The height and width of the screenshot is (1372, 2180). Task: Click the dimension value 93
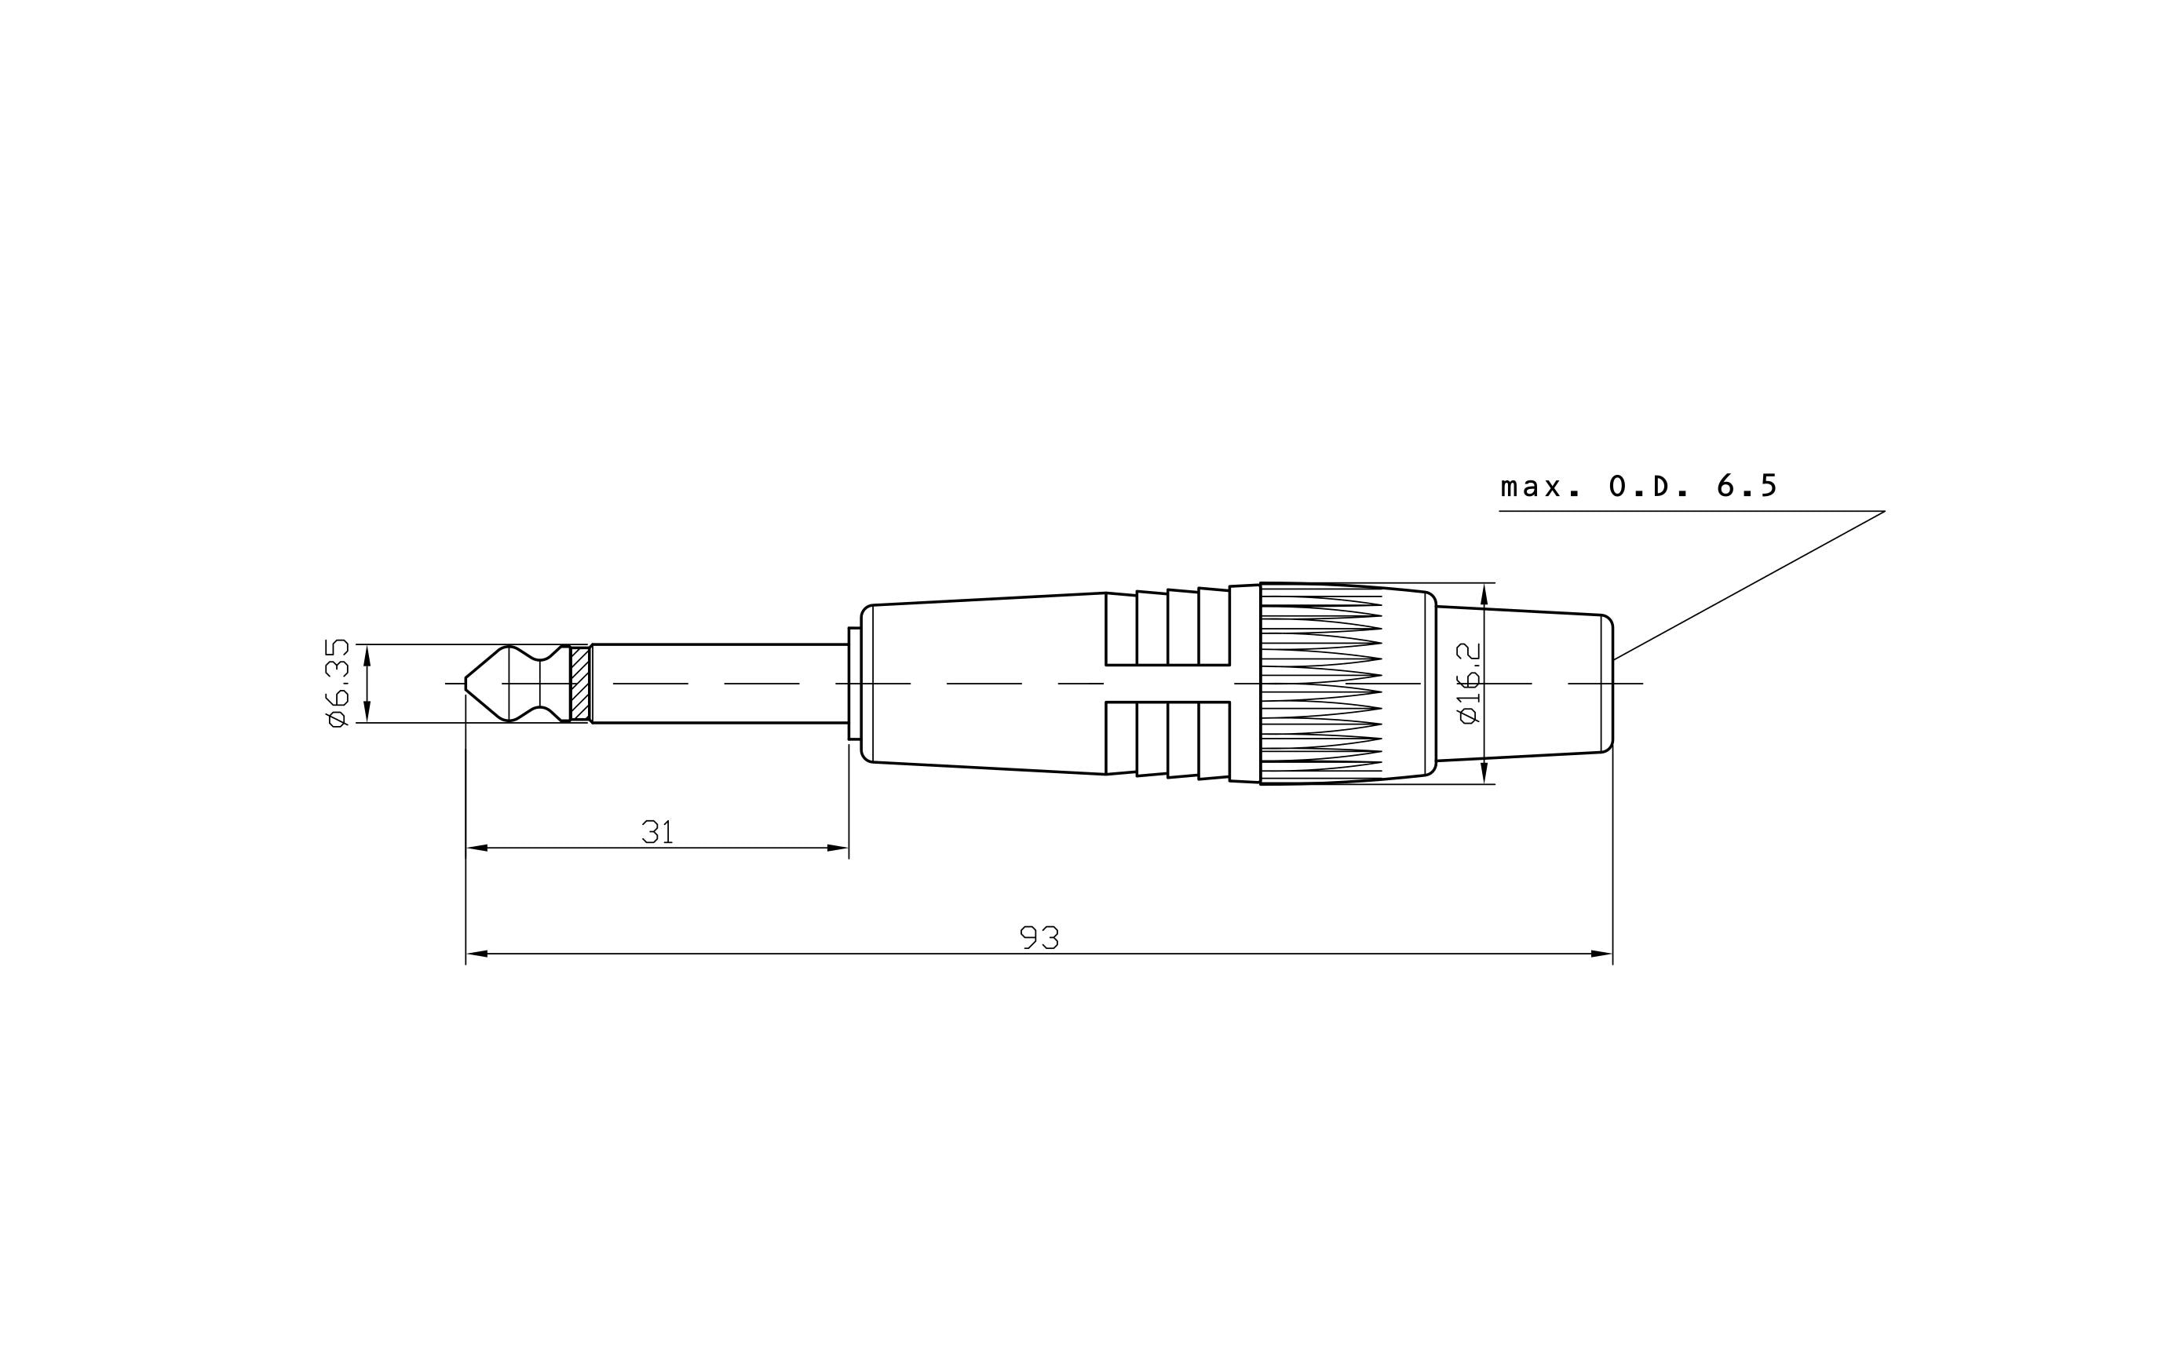pos(1039,938)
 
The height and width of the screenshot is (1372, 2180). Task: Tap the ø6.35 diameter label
pos(337,684)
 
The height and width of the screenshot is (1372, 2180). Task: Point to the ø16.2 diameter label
pos(1470,684)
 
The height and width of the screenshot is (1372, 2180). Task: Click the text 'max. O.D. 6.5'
pos(1638,487)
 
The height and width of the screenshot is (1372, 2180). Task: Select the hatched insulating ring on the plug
pos(580,684)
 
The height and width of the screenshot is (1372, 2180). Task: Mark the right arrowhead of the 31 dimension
pos(838,848)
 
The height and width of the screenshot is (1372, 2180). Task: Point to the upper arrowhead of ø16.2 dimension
pos(1484,593)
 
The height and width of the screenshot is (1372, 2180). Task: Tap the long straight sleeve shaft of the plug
pos(720,670)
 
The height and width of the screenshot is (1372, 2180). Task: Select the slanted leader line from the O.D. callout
pos(1747,586)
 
